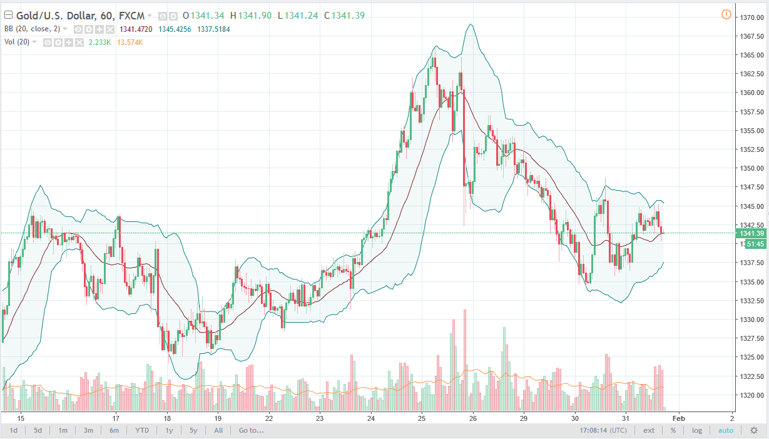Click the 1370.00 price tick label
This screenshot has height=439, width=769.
tap(750, 17)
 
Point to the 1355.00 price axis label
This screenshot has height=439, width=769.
tap(750, 131)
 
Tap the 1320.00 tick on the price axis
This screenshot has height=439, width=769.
tap(750, 395)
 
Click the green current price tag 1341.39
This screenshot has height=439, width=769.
tap(751, 233)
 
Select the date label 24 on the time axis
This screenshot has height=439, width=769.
tap(370, 418)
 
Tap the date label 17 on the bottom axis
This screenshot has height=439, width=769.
tap(116, 418)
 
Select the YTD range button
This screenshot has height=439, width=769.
tap(142, 430)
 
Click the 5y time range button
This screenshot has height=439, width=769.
tap(193, 430)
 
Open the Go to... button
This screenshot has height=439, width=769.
tap(251, 430)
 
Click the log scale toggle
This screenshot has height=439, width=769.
tap(697, 430)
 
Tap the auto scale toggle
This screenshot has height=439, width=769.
tap(726, 430)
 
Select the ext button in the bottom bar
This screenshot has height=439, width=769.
tap(649, 430)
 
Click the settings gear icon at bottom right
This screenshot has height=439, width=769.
tap(754, 430)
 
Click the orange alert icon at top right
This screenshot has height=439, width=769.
tap(726, 14)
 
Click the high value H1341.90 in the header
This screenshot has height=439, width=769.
tap(251, 16)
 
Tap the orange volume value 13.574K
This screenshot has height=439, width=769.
tap(130, 42)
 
